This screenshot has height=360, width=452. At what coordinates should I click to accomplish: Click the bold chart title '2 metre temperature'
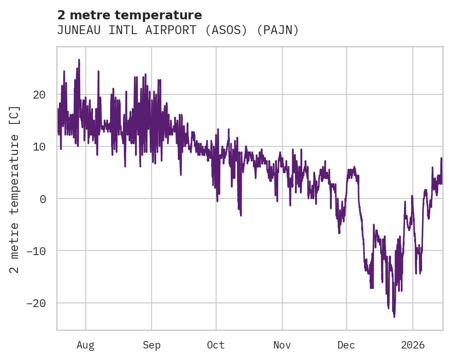point(129,15)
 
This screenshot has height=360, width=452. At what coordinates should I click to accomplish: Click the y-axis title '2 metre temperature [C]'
point(15,189)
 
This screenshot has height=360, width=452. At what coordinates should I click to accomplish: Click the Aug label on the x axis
point(86,345)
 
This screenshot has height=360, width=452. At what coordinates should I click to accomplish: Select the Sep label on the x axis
point(152,345)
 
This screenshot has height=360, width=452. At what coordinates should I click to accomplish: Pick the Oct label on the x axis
point(216,345)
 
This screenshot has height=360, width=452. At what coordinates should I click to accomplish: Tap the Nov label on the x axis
point(282,345)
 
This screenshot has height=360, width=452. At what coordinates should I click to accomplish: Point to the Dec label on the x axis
point(346,345)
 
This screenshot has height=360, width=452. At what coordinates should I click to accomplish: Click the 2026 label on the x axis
point(413,345)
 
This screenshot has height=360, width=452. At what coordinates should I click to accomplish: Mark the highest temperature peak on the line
point(79,60)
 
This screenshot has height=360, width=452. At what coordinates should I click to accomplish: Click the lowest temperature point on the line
point(394,317)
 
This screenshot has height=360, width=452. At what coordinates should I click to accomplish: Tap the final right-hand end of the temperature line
point(441,159)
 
